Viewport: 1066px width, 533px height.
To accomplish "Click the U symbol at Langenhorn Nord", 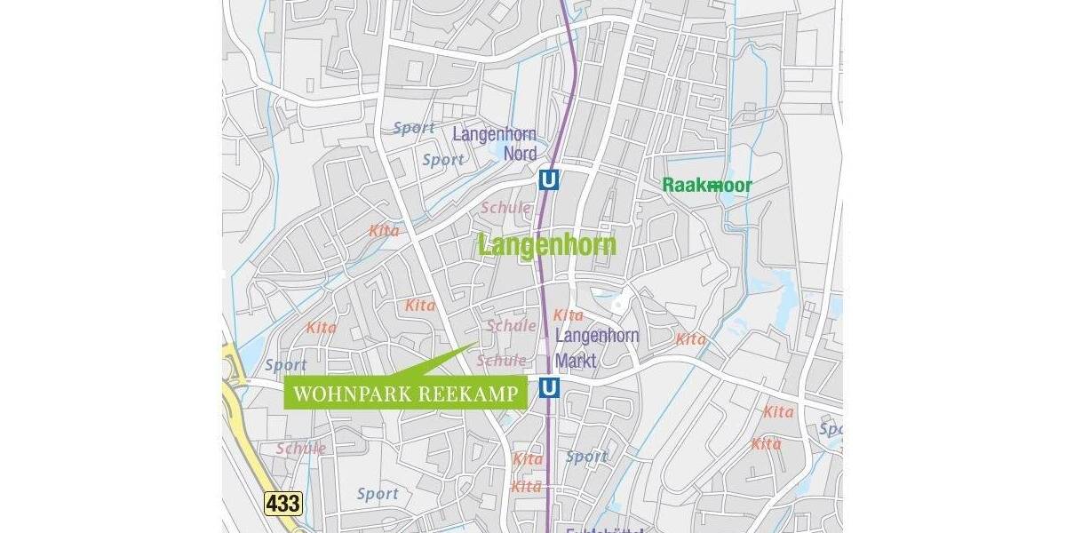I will pos(549,180).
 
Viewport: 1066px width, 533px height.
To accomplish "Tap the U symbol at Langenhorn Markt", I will pos(549,388).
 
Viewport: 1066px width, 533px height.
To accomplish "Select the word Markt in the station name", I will pos(576,361).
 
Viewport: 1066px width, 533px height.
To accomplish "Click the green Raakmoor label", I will pos(707,185).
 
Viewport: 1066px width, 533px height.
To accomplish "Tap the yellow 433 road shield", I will pos(283,504).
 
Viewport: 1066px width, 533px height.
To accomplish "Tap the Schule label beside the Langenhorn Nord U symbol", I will pos(505,207).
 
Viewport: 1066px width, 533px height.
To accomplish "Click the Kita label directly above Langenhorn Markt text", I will pos(568,314).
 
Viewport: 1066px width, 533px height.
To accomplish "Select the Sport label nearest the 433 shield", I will pos(377,493).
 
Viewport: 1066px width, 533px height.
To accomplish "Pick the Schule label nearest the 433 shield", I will pos(300,448).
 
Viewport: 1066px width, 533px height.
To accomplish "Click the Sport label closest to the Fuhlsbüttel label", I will pos(586,457).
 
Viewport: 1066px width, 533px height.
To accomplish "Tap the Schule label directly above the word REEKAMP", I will pos(501,360).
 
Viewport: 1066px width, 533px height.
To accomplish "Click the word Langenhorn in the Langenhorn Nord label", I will pos(494,135).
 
